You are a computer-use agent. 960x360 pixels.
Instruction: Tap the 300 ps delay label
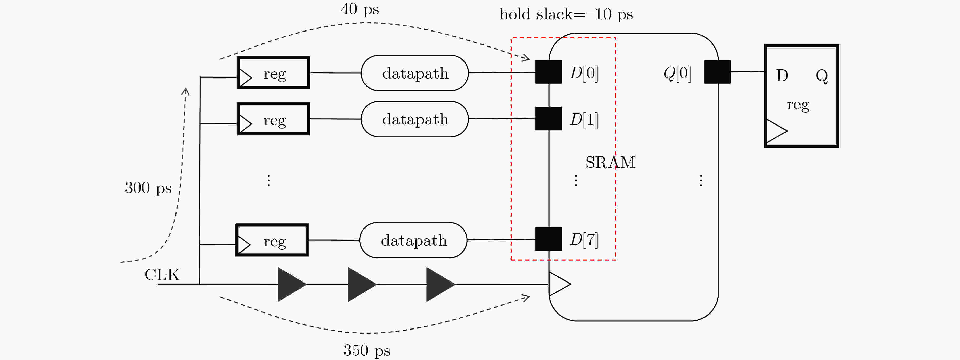pyautogui.click(x=148, y=188)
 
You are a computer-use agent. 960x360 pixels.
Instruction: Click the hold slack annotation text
pyautogui.click(x=566, y=14)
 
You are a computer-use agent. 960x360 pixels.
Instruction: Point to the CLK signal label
pyautogui.click(x=162, y=275)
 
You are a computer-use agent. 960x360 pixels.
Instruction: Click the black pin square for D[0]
pyautogui.click(x=549, y=72)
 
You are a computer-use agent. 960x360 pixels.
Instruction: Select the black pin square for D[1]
pyautogui.click(x=549, y=118)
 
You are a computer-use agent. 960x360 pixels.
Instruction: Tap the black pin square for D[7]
pyautogui.click(x=549, y=239)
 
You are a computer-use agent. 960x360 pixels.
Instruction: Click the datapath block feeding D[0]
pyautogui.click(x=415, y=73)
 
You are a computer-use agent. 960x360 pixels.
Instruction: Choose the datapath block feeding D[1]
pyautogui.click(x=415, y=119)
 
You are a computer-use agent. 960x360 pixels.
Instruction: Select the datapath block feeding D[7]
pyautogui.click(x=413, y=240)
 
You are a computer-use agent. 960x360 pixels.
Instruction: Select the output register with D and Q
pyautogui.click(x=802, y=96)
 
